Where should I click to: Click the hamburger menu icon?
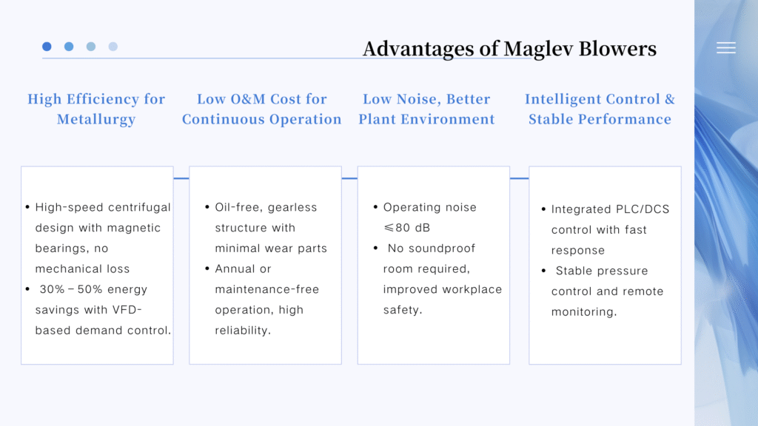click(x=726, y=47)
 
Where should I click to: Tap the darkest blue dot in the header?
click(x=47, y=47)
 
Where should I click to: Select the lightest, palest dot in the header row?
click(x=113, y=47)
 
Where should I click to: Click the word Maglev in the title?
click(x=538, y=49)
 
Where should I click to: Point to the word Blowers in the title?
click(x=617, y=48)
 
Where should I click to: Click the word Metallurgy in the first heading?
click(x=96, y=119)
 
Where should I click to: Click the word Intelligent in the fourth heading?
click(x=568, y=99)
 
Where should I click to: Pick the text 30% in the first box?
click(x=53, y=289)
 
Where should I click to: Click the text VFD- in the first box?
click(x=127, y=310)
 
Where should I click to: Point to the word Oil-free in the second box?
click(x=238, y=207)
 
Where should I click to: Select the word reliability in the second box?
click(x=243, y=331)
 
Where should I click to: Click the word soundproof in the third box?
click(x=432, y=248)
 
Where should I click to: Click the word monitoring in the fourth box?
click(x=584, y=312)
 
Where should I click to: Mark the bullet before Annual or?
click(x=207, y=268)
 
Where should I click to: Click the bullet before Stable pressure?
click(x=543, y=271)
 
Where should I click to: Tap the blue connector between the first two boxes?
click(x=181, y=178)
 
